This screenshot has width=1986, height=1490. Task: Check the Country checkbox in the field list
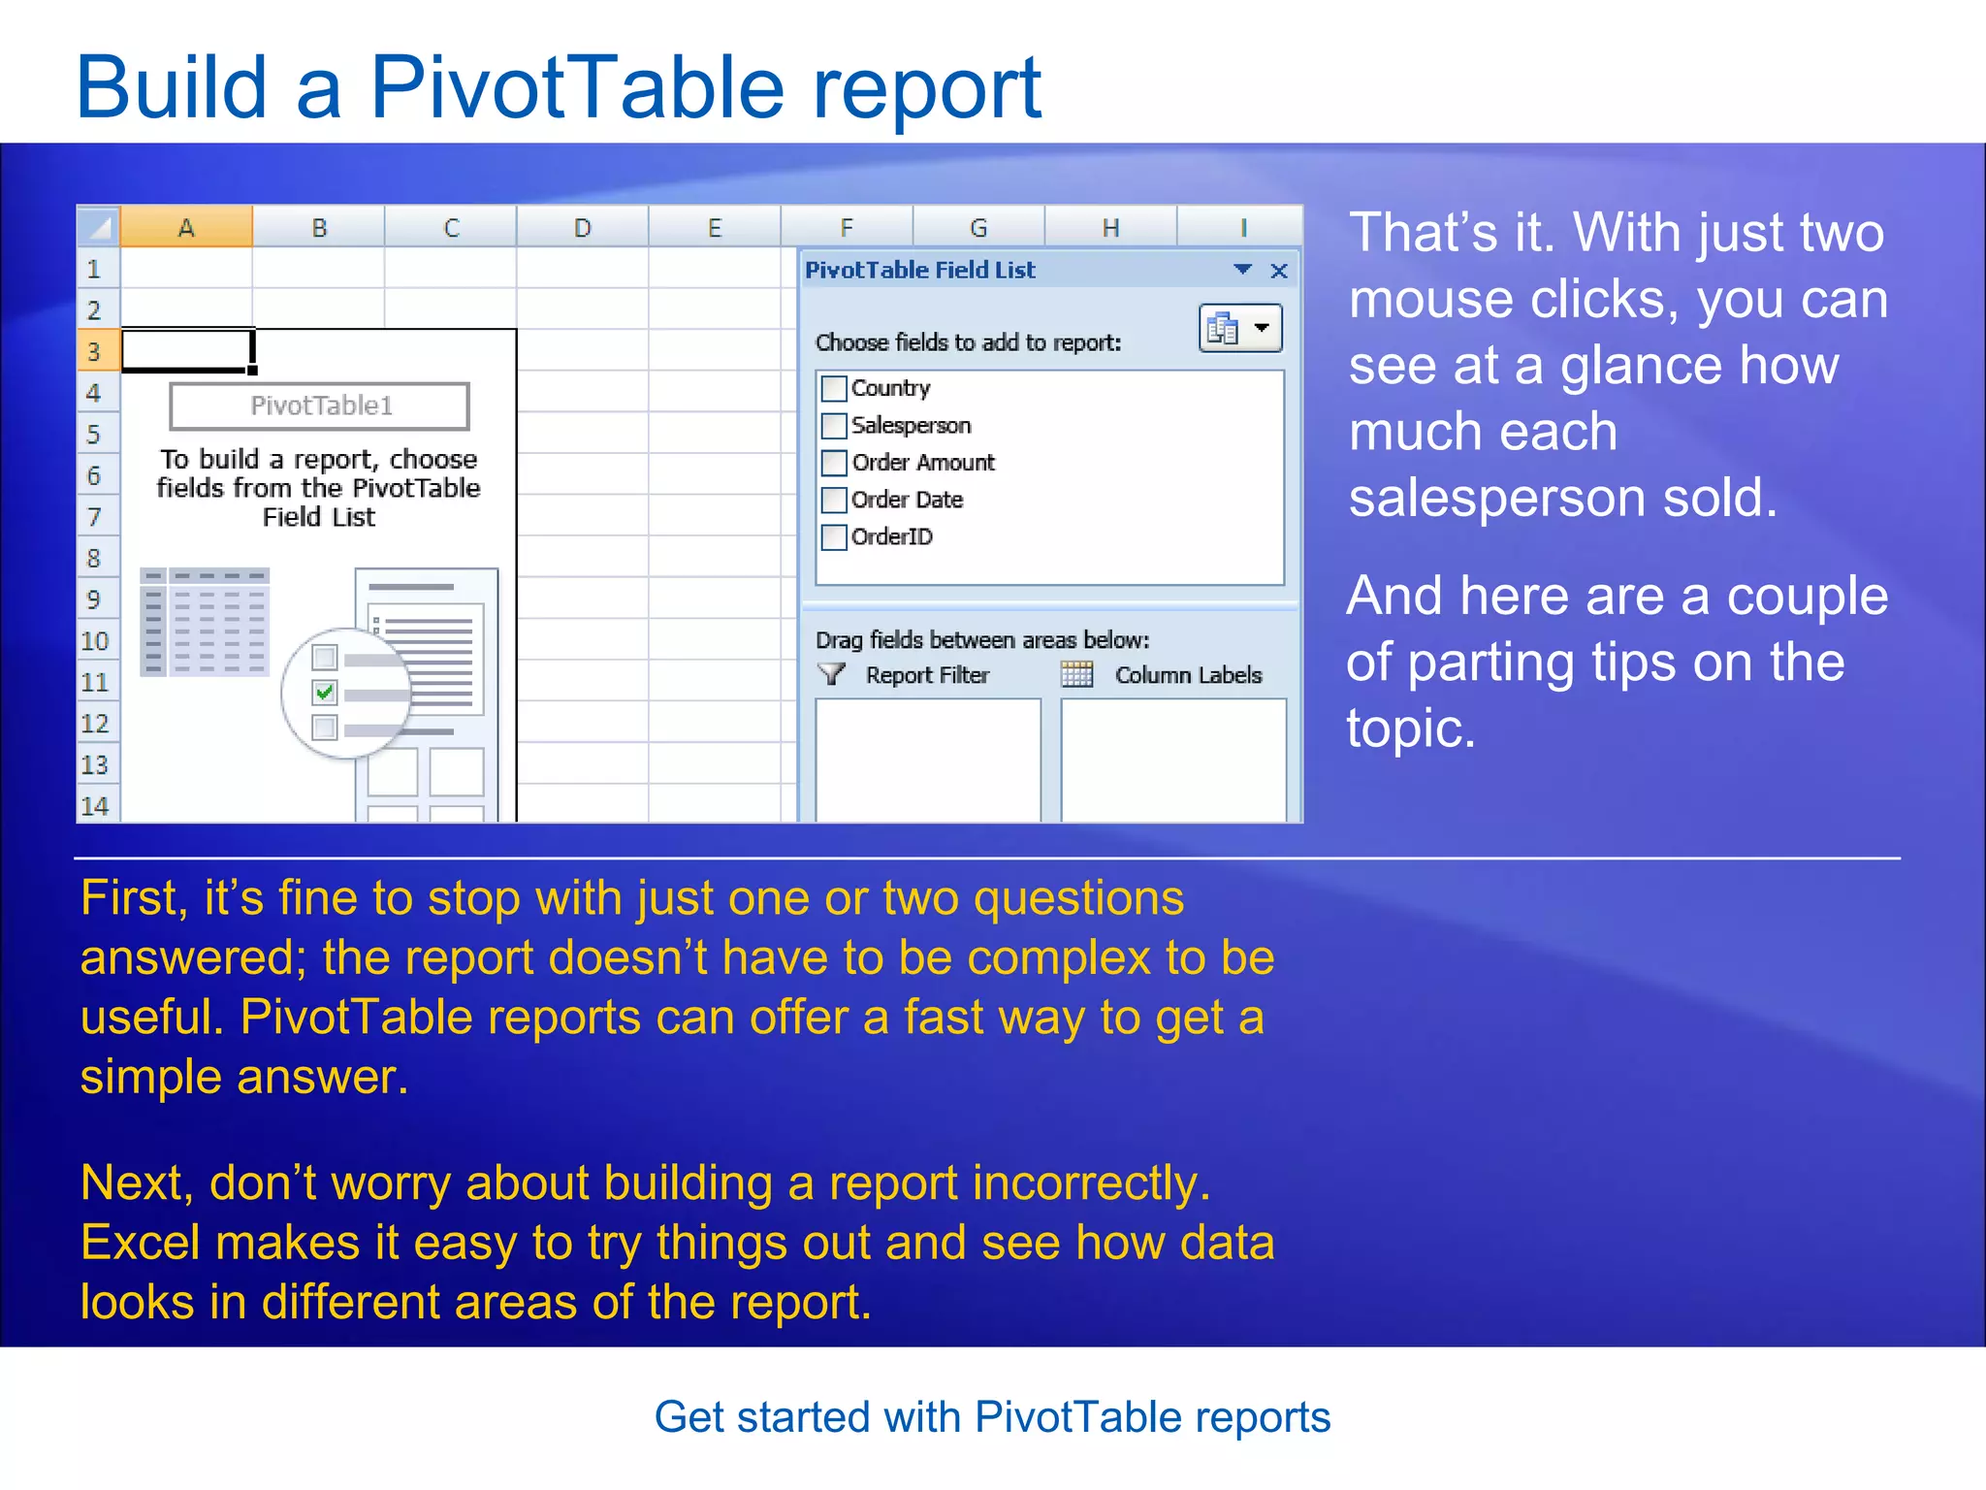[834, 389]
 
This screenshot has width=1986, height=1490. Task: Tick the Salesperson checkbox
[834, 426]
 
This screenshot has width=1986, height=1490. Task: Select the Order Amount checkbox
[834, 463]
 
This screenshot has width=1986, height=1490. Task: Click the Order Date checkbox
[834, 501]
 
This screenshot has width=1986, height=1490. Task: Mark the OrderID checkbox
[834, 537]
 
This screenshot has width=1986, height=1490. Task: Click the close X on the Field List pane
[1279, 271]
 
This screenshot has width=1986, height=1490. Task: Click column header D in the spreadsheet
[582, 228]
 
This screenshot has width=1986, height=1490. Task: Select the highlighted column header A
[186, 228]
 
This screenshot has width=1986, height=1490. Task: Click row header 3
[95, 351]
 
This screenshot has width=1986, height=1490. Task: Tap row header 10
[95, 641]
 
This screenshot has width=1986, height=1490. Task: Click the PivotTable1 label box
[320, 405]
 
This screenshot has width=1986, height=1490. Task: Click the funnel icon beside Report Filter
[832, 674]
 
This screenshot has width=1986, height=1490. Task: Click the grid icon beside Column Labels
[1076, 674]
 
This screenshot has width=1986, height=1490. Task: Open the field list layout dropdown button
[1240, 329]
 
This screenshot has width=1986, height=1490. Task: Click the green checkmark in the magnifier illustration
[325, 693]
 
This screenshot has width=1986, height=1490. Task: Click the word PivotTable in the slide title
[577, 89]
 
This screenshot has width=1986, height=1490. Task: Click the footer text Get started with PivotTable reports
[992, 1417]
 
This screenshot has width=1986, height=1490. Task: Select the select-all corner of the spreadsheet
[98, 228]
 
